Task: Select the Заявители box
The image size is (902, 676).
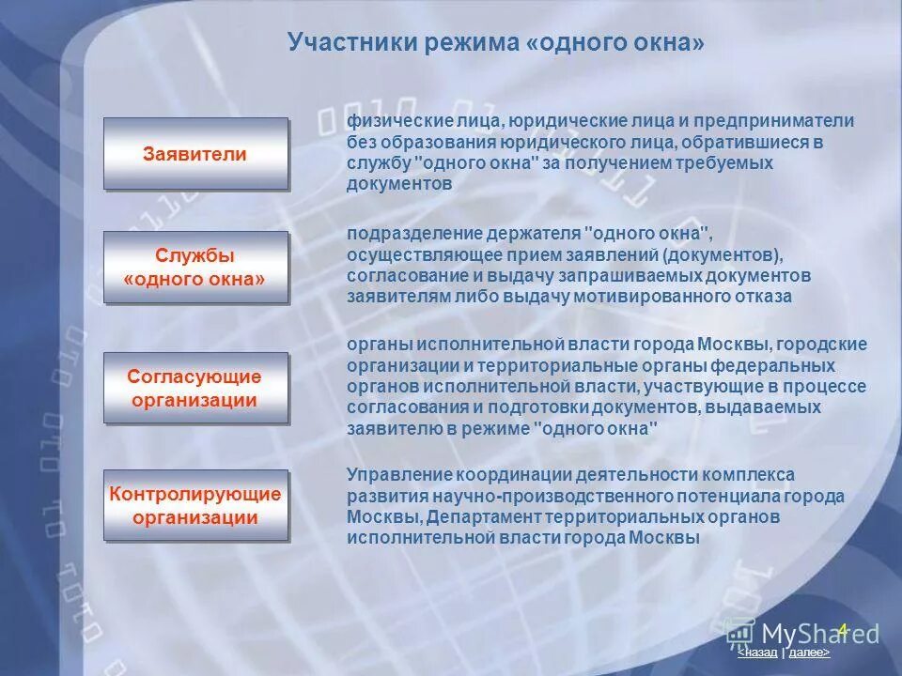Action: [x=195, y=154]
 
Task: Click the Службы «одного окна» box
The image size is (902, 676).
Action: [x=195, y=268]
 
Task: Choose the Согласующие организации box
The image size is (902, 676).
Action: [x=195, y=388]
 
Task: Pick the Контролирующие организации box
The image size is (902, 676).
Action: [x=195, y=505]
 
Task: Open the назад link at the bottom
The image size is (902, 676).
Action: [x=758, y=652]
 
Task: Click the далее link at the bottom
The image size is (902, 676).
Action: [x=809, y=652]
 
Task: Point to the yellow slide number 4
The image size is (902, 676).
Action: [x=843, y=630]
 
